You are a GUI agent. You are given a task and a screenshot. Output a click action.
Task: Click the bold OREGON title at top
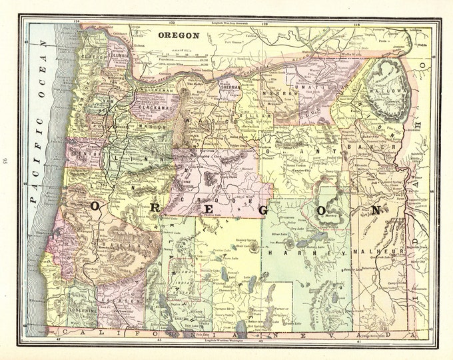point(177,35)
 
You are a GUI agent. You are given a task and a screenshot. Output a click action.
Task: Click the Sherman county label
point(230,86)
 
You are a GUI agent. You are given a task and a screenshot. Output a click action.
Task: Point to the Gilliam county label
point(255,115)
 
